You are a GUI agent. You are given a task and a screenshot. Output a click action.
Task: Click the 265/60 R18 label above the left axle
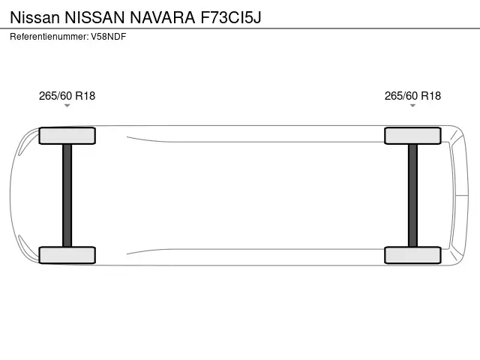[x=67, y=95]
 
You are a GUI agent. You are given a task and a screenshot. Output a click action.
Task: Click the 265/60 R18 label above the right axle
[x=412, y=95]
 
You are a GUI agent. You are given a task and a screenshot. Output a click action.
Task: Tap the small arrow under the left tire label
[x=67, y=106]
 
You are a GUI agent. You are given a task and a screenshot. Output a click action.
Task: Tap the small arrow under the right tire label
[x=412, y=106]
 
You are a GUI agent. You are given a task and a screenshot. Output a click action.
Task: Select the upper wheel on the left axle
[x=67, y=136]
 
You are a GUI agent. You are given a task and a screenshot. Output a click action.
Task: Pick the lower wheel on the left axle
[x=67, y=255]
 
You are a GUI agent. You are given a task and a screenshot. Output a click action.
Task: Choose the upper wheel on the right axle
[x=412, y=136]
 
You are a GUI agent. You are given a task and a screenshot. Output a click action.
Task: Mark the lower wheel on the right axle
[x=412, y=255]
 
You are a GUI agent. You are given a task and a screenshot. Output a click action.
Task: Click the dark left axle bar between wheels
[x=67, y=195]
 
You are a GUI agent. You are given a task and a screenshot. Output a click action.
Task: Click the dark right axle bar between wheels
[x=412, y=195]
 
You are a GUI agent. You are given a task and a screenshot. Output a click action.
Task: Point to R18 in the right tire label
[x=430, y=95]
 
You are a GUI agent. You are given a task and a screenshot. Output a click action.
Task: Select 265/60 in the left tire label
[x=55, y=95]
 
